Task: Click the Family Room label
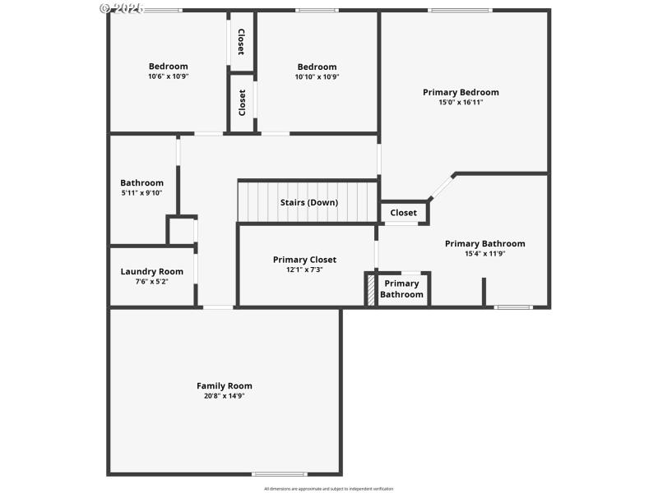click(224, 385)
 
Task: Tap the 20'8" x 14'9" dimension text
click(224, 395)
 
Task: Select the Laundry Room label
click(152, 271)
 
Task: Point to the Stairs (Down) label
click(308, 202)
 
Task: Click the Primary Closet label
click(304, 260)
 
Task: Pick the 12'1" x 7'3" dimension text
click(304, 270)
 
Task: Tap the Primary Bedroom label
click(461, 92)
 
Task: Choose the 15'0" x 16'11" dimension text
click(461, 102)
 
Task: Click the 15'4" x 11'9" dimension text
click(484, 253)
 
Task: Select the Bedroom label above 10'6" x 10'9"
click(168, 67)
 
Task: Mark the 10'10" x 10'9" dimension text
click(317, 76)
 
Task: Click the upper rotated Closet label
click(241, 41)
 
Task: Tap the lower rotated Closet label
click(242, 103)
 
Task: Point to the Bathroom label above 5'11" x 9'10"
click(141, 182)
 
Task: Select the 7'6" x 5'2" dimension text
click(152, 281)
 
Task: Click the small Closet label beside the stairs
click(403, 213)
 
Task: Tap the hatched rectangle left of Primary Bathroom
click(371, 290)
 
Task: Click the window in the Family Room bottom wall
click(279, 474)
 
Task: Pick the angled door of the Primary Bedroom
click(442, 187)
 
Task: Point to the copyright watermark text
click(121, 7)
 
